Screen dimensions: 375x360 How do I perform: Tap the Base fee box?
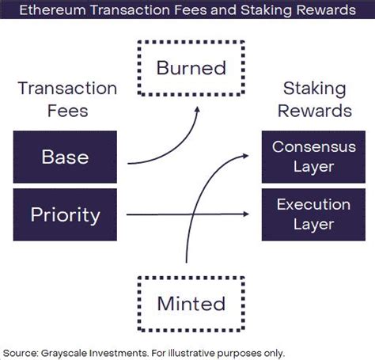65,157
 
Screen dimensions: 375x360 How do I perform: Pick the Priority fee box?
65,214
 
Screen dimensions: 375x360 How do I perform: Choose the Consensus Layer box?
313,157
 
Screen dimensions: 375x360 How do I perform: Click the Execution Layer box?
313,214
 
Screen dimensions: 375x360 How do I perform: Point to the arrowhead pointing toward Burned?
197,109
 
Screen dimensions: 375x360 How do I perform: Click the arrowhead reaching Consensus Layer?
246,156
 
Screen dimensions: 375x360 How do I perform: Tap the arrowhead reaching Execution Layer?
246,214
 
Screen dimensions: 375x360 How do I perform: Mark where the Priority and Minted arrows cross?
191,214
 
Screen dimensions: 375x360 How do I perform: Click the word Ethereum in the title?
53,10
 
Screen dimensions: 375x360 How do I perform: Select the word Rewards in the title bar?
326,10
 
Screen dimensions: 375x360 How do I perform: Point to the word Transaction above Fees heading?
67,89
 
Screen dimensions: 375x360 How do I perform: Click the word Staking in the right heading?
314,89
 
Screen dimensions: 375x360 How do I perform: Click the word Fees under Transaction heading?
68,111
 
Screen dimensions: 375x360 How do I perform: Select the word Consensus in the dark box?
314,146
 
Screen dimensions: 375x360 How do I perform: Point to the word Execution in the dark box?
313,204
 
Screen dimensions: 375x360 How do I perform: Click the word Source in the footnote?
21,353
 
